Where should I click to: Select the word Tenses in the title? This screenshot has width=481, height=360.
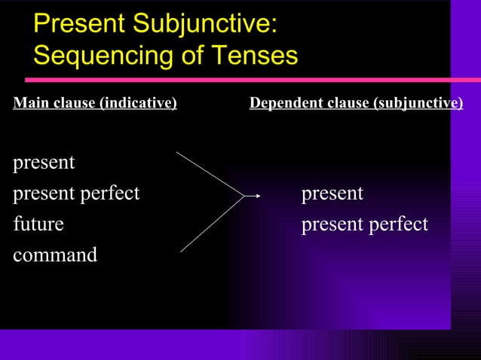[256, 55]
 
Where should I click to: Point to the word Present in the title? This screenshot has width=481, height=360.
[79, 24]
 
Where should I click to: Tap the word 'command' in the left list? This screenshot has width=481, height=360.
[55, 255]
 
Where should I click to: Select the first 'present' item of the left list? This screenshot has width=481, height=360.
[44, 163]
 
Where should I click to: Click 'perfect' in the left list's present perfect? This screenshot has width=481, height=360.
[110, 194]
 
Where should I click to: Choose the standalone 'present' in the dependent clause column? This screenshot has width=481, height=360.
[332, 194]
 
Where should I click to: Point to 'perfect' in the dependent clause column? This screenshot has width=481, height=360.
[399, 224]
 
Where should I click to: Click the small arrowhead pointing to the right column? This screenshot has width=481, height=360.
[257, 197]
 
